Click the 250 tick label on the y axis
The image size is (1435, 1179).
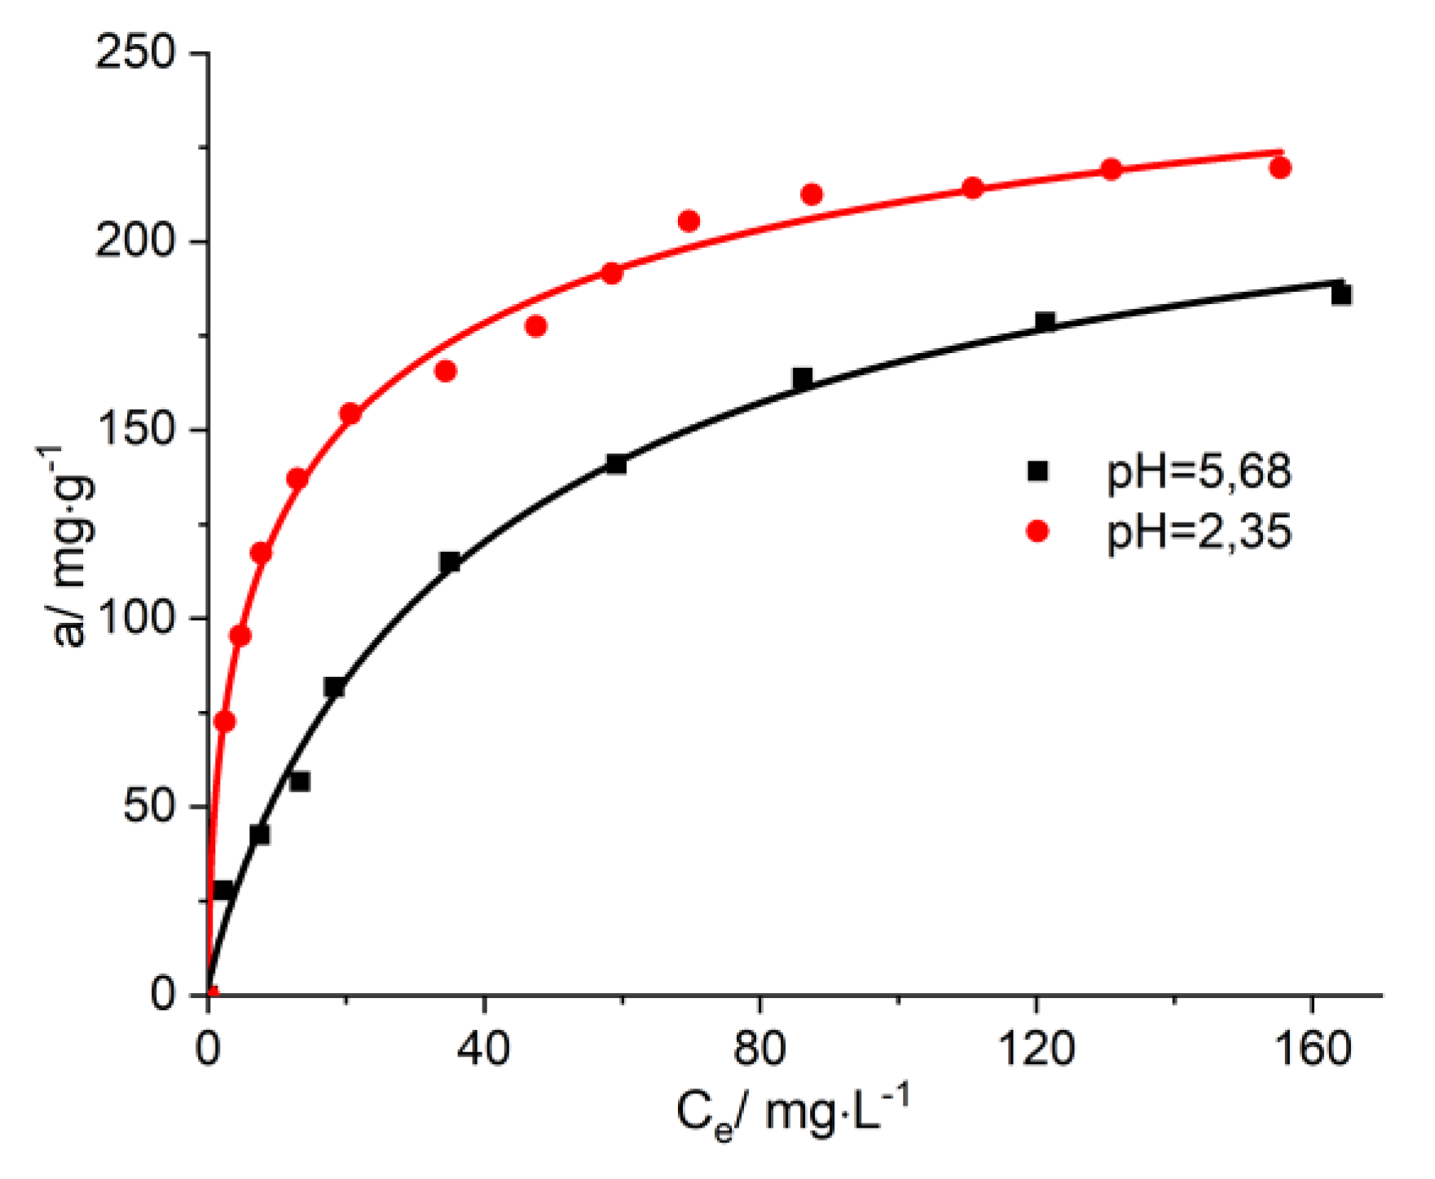(x=135, y=54)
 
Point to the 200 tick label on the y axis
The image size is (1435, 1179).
(x=135, y=242)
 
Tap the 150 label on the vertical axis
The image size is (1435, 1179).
(x=135, y=431)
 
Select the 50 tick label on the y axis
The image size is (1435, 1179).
(x=150, y=807)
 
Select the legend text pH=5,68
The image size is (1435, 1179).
(x=1199, y=472)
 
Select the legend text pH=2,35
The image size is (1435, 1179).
(x=1199, y=532)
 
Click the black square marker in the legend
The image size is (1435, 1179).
(x=1037, y=471)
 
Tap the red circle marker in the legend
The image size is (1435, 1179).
(x=1037, y=532)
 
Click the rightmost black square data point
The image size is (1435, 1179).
(x=1340, y=294)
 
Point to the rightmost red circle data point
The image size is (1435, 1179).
(x=1280, y=168)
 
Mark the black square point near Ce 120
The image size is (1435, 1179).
(x=1045, y=321)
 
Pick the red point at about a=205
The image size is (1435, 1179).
(x=689, y=221)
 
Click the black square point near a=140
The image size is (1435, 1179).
(x=616, y=464)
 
